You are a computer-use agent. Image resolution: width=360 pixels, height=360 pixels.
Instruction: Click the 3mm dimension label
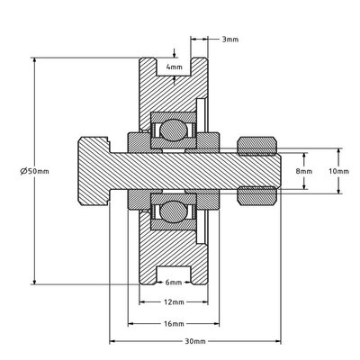click(x=230, y=40)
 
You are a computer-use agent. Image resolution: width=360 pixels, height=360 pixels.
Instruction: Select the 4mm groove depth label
click(x=175, y=67)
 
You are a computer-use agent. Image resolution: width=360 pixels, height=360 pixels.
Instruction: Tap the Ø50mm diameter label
click(x=35, y=171)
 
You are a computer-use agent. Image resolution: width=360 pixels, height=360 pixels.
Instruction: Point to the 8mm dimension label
click(x=304, y=171)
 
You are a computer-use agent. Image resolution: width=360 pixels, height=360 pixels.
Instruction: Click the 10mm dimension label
click(x=338, y=171)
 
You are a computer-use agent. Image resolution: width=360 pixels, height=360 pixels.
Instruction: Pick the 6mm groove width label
click(x=174, y=283)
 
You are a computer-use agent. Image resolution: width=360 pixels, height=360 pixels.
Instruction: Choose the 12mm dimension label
click(x=174, y=302)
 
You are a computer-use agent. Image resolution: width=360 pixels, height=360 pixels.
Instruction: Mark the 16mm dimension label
click(x=174, y=324)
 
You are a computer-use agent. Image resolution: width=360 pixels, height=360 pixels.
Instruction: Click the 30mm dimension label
click(x=195, y=341)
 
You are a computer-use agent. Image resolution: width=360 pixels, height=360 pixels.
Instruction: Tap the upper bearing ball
click(x=173, y=130)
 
